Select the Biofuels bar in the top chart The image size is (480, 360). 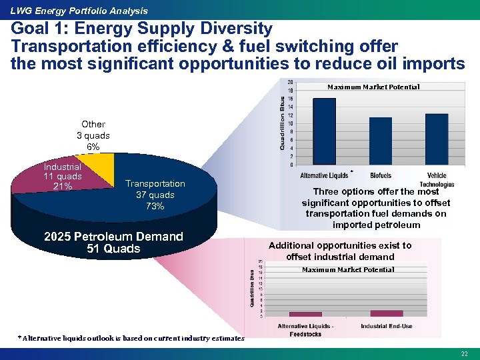click(x=381, y=141)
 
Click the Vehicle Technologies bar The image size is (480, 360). click(x=437, y=139)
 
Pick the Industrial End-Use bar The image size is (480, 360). click(x=387, y=313)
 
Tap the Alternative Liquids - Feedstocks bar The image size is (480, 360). click(x=305, y=314)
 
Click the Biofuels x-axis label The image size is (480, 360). click(x=381, y=175)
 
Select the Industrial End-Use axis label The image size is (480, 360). click(x=387, y=326)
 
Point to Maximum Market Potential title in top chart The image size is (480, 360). click(x=373, y=87)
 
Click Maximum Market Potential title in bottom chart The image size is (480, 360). click(x=348, y=269)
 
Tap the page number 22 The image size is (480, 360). click(x=464, y=353)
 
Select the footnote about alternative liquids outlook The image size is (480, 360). click(x=131, y=338)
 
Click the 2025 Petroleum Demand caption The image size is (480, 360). click(x=113, y=243)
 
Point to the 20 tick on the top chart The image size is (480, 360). click(x=290, y=82)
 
